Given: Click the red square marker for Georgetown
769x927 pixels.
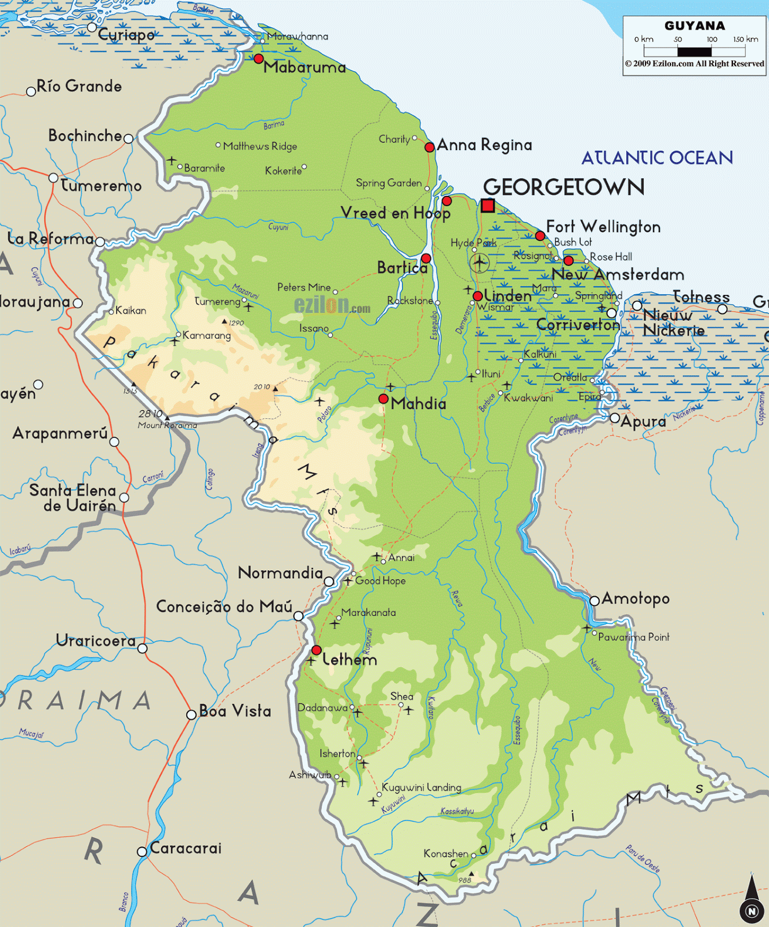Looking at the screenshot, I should [x=488, y=205].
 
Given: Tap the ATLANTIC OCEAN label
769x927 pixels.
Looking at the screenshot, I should [x=657, y=158].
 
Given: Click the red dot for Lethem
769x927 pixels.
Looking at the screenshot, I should [x=317, y=650].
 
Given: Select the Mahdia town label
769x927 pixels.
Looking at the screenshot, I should [x=419, y=404].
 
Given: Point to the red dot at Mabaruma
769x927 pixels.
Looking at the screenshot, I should [x=259, y=59].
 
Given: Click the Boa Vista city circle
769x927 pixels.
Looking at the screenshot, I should [x=191, y=715].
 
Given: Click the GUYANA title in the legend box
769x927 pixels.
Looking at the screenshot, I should [x=695, y=26].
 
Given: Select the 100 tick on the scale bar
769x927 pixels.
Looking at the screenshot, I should [x=712, y=39].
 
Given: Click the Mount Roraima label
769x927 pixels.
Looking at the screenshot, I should [x=168, y=425].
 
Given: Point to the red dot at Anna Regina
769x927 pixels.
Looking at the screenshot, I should [x=430, y=147].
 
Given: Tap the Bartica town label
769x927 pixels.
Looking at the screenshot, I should [x=402, y=268].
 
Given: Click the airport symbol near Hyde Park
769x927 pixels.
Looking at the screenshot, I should [x=479, y=262].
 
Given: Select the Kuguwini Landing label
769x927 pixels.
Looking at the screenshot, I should [x=422, y=787].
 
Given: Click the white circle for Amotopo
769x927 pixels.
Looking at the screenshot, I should [x=594, y=601].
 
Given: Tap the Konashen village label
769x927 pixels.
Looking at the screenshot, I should [x=445, y=853].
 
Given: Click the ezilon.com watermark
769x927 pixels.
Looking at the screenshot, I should [x=332, y=305].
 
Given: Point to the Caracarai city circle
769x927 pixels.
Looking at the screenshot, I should [x=142, y=851].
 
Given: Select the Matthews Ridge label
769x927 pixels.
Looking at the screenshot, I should [x=260, y=146].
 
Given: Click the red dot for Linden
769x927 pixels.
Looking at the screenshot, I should [x=478, y=296].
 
